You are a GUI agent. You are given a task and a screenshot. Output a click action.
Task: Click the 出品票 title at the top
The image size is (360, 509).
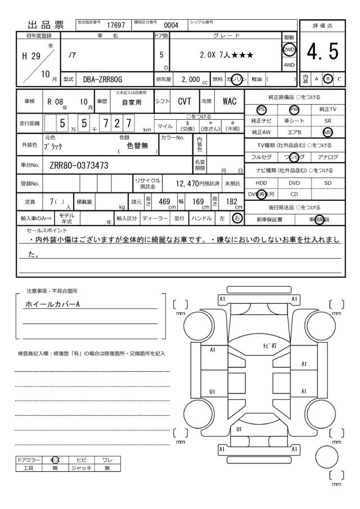(43, 25)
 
